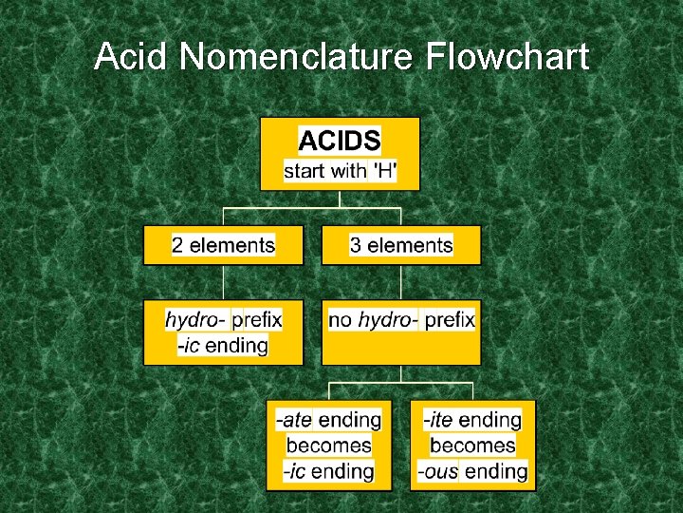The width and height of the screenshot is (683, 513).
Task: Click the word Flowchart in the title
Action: (508, 58)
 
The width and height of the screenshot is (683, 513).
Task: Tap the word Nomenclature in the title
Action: (296, 58)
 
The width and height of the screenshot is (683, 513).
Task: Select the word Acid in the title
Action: (132, 58)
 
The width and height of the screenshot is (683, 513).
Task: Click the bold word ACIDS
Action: (340, 142)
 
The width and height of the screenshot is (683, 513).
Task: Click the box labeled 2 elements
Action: (223, 245)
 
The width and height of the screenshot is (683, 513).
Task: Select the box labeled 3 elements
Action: (401, 245)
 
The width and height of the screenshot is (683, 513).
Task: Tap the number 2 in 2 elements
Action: (177, 245)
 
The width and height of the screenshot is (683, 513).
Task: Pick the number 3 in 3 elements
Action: (356, 245)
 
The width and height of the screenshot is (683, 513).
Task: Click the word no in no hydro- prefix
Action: (340, 320)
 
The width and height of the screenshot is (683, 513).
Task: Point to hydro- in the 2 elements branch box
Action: (195, 320)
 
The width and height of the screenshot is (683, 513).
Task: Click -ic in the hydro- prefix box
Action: (188, 346)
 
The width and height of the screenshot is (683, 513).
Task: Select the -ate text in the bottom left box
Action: (293, 420)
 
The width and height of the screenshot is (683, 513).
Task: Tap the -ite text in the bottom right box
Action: (437, 420)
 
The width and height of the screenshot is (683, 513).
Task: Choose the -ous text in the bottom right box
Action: (437, 471)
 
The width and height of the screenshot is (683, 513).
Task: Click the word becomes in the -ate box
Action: (328, 446)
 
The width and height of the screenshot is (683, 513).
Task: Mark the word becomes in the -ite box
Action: (472, 446)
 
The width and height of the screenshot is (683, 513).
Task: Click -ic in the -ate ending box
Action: (294, 471)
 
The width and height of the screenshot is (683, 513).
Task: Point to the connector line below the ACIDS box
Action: (340, 199)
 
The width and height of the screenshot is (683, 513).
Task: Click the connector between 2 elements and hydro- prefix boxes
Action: (223, 282)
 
